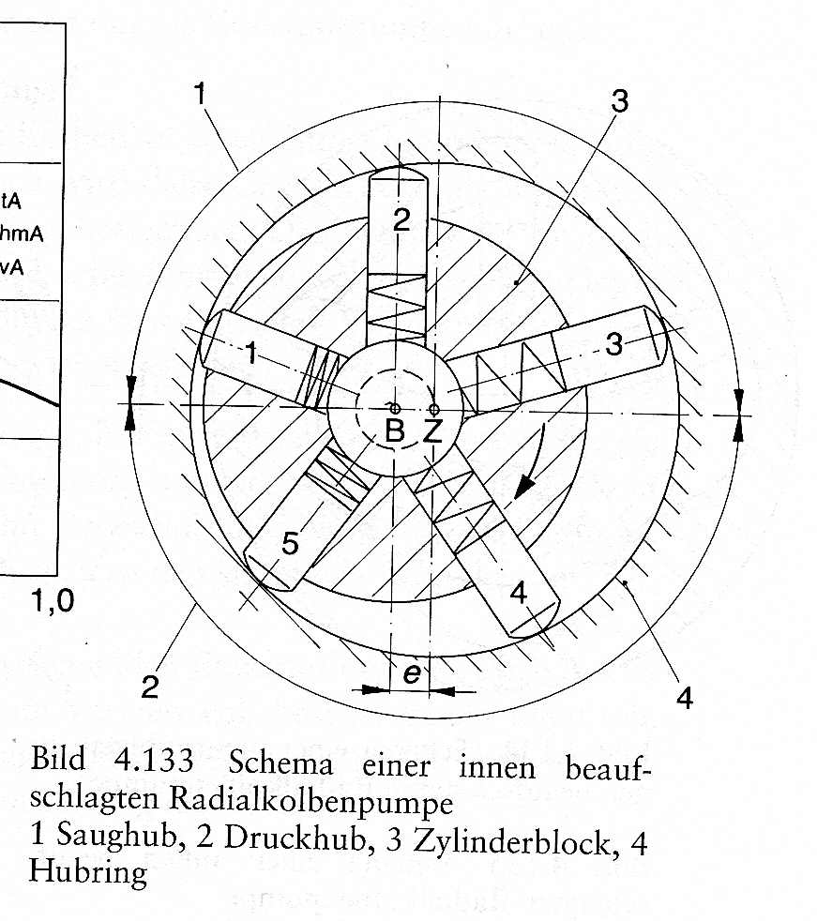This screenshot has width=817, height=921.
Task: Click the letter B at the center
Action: coord(395,430)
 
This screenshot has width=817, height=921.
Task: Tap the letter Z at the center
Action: coord(432,431)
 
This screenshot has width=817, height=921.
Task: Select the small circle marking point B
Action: coord(395,408)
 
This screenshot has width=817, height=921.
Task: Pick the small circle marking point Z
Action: coord(434,409)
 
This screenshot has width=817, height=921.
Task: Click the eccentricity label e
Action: coord(412,673)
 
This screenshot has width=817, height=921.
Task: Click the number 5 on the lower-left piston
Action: coord(290,543)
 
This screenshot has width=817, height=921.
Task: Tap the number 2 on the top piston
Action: coord(401,219)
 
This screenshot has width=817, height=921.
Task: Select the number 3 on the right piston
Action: coord(613,343)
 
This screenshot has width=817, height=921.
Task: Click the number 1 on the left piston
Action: coord(250,353)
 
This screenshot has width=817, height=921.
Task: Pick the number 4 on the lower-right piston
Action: coord(518,594)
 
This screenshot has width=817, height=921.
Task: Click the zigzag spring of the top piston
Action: coord(397,308)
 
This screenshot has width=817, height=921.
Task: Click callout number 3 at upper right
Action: coord(620,101)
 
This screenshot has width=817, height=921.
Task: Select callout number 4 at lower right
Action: coord(684,699)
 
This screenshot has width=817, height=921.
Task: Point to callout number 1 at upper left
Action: coord(201,94)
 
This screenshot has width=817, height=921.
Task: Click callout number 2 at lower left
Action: coord(150,686)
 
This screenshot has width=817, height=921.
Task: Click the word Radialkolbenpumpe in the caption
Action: coord(311,801)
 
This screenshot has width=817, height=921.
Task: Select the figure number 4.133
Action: coord(153,760)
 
